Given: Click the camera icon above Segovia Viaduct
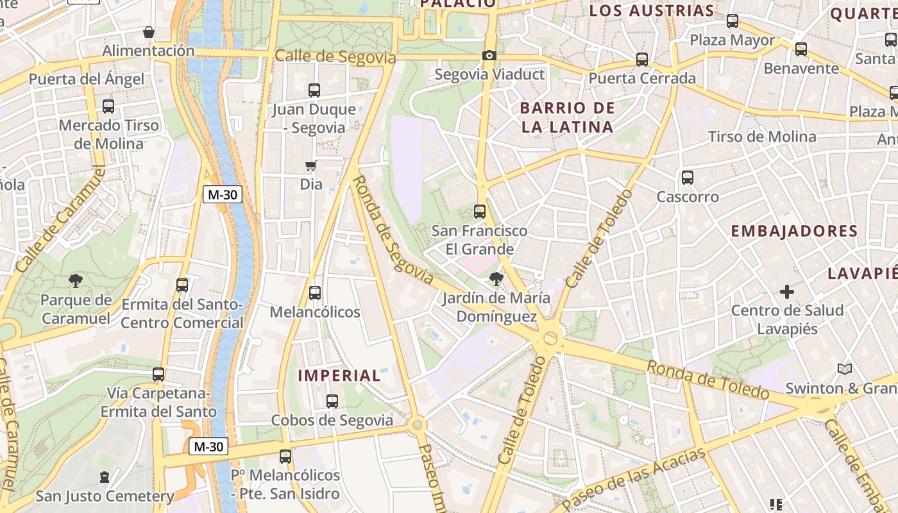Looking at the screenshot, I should pyautogui.click(x=489, y=56).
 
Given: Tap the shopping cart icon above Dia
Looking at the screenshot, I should pyautogui.click(x=311, y=166).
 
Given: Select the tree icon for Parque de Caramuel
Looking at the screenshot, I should pyautogui.click(x=76, y=280).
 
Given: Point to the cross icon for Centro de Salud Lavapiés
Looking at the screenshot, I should pyautogui.click(x=786, y=292).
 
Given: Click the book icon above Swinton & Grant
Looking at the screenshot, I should pyautogui.click(x=845, y=369).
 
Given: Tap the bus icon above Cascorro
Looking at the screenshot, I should pyautogui.click(x=688, y=178).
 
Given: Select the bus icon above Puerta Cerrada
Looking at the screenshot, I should pyautogui.click(x=642, y=60).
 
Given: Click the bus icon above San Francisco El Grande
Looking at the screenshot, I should pyautogui.click(x=479, y=212).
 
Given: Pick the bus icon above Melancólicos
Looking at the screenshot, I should pyautogui.click(x=314, y=293).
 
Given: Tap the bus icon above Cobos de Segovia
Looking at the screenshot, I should pyautogui.click(x=332, y=401).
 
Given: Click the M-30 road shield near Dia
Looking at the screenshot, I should pyautogui.click(x=223, y=194).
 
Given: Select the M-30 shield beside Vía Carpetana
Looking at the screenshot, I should pyautogui.click(x=208, y=446).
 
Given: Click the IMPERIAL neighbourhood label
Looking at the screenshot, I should pyautogui.click(x=340, y=376).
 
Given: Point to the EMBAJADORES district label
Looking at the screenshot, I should pyautogui.click(x=794, y=231).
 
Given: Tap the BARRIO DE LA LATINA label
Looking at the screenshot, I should pyautogui.click(x=567, y=117).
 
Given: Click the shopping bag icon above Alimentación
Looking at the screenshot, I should pyautogui.click(x=149, y=32).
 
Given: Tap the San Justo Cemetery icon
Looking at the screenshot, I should pyautogui.click(x=105, y=477).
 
